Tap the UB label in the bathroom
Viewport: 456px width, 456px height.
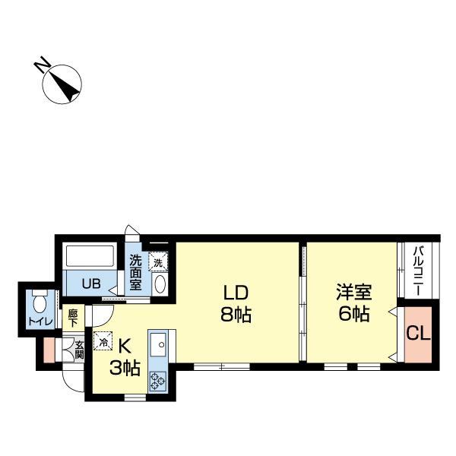90,285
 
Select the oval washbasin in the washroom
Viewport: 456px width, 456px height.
160,284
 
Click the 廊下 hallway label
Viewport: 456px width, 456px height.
73,318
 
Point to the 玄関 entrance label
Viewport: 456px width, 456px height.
78,350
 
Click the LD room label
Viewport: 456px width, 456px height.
236,292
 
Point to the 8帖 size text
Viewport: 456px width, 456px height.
236,313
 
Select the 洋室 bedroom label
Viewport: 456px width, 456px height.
354,292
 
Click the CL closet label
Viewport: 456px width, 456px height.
418,333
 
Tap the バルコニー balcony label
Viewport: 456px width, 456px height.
418,271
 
